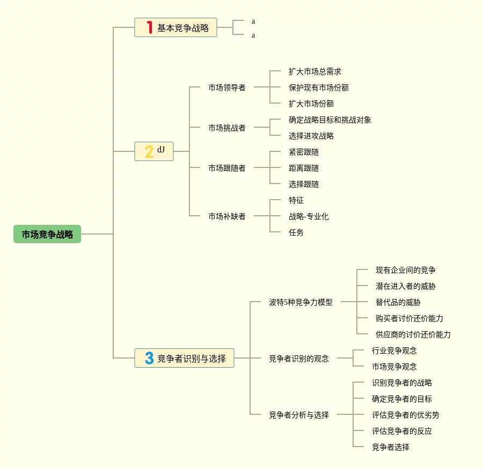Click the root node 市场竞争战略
click(47, 234)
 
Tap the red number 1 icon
click(149, 27)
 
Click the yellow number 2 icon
click(149, 151)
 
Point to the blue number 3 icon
click(149, 358)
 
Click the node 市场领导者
click(226, 87)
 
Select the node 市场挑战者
click(226, 128)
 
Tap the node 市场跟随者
click(226, 168)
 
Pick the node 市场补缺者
click(226, 216)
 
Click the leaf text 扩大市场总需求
click(314, 71)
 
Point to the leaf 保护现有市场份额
click(318, 87)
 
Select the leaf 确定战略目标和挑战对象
click(330, 120)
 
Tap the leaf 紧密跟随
click(303, 152)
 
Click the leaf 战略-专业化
click(308, 216)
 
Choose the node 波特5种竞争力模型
click(301, 302)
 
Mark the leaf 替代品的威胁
click(398, 302)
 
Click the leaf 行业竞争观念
click(394, 350)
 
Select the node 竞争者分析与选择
click(298, 415)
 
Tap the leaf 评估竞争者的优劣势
click(405, 415)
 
